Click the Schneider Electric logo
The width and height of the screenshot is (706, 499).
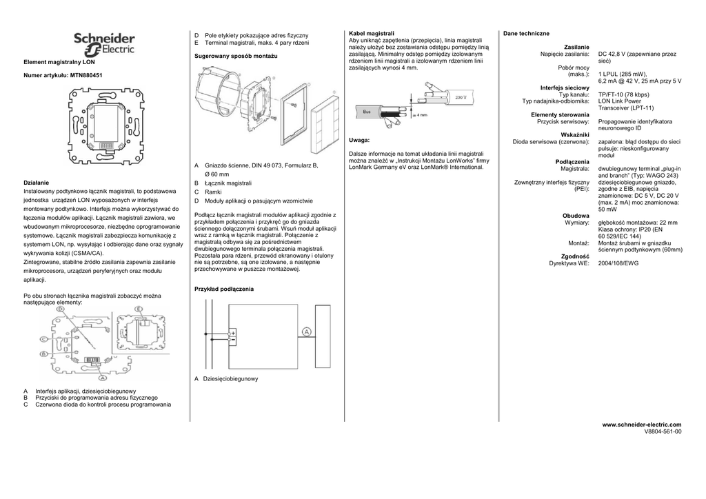coord(104,45)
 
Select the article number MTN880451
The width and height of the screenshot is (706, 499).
coord(87,74)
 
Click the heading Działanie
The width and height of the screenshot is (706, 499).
coord(37,182)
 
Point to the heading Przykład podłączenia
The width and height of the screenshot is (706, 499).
coord(224,289)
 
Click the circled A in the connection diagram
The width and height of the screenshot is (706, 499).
coord(307,332)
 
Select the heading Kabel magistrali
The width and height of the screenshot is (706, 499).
coord(372,33)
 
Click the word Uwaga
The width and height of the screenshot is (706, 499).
coord(359,140)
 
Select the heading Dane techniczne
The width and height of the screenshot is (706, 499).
coord(526,33)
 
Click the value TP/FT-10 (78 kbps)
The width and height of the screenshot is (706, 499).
coord(623,94)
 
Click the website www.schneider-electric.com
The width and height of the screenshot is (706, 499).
coord(642,424)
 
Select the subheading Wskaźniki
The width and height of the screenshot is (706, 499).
coord(575,134)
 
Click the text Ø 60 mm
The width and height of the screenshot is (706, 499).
coord(216,174)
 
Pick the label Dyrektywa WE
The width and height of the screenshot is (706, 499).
coord(569,263)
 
